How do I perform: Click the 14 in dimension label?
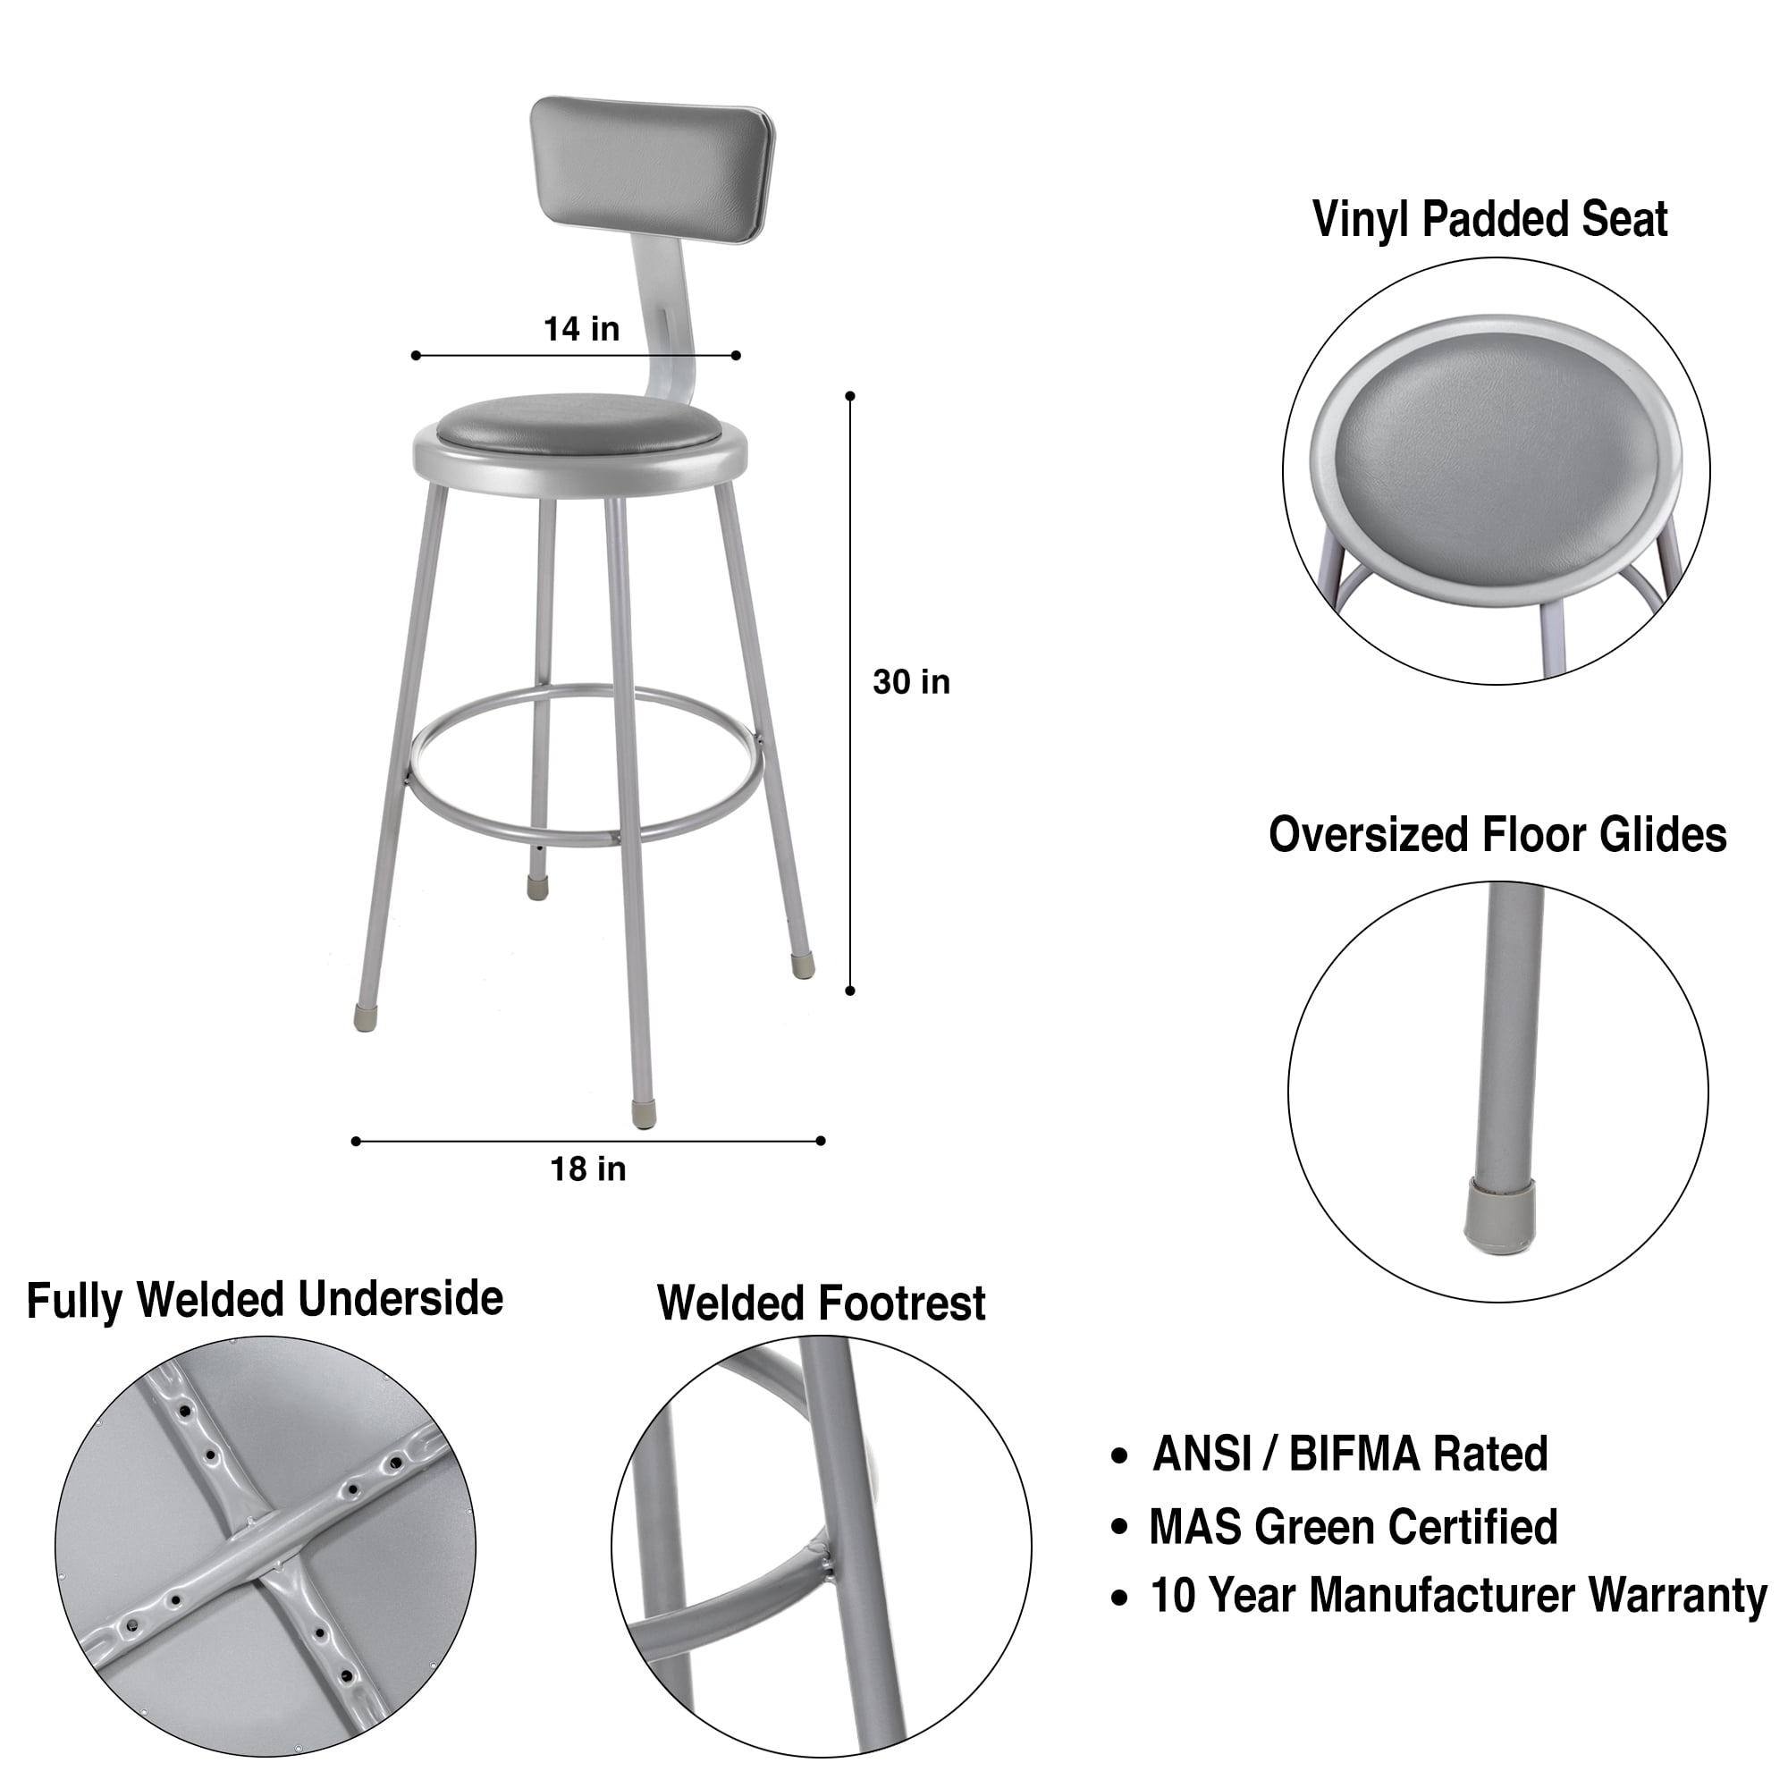(581, 328)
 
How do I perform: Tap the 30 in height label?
(912, 682)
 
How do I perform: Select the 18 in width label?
(588, 1169)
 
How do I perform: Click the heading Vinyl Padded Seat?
(1490, 220)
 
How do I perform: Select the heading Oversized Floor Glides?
(1497, 835)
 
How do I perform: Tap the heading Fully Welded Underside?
(265, 1300)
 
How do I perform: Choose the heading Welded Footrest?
(821, 1303)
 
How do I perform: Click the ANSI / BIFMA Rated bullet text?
(1350, 1454)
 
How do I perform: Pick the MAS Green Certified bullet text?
(1353, 1527)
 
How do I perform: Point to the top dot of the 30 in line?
(850, 396)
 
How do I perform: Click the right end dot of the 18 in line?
(821, 1141)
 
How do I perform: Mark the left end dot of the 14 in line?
(416, 356)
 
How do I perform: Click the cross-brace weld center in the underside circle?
(264, 1545)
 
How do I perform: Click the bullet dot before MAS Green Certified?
(1121, 1528)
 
